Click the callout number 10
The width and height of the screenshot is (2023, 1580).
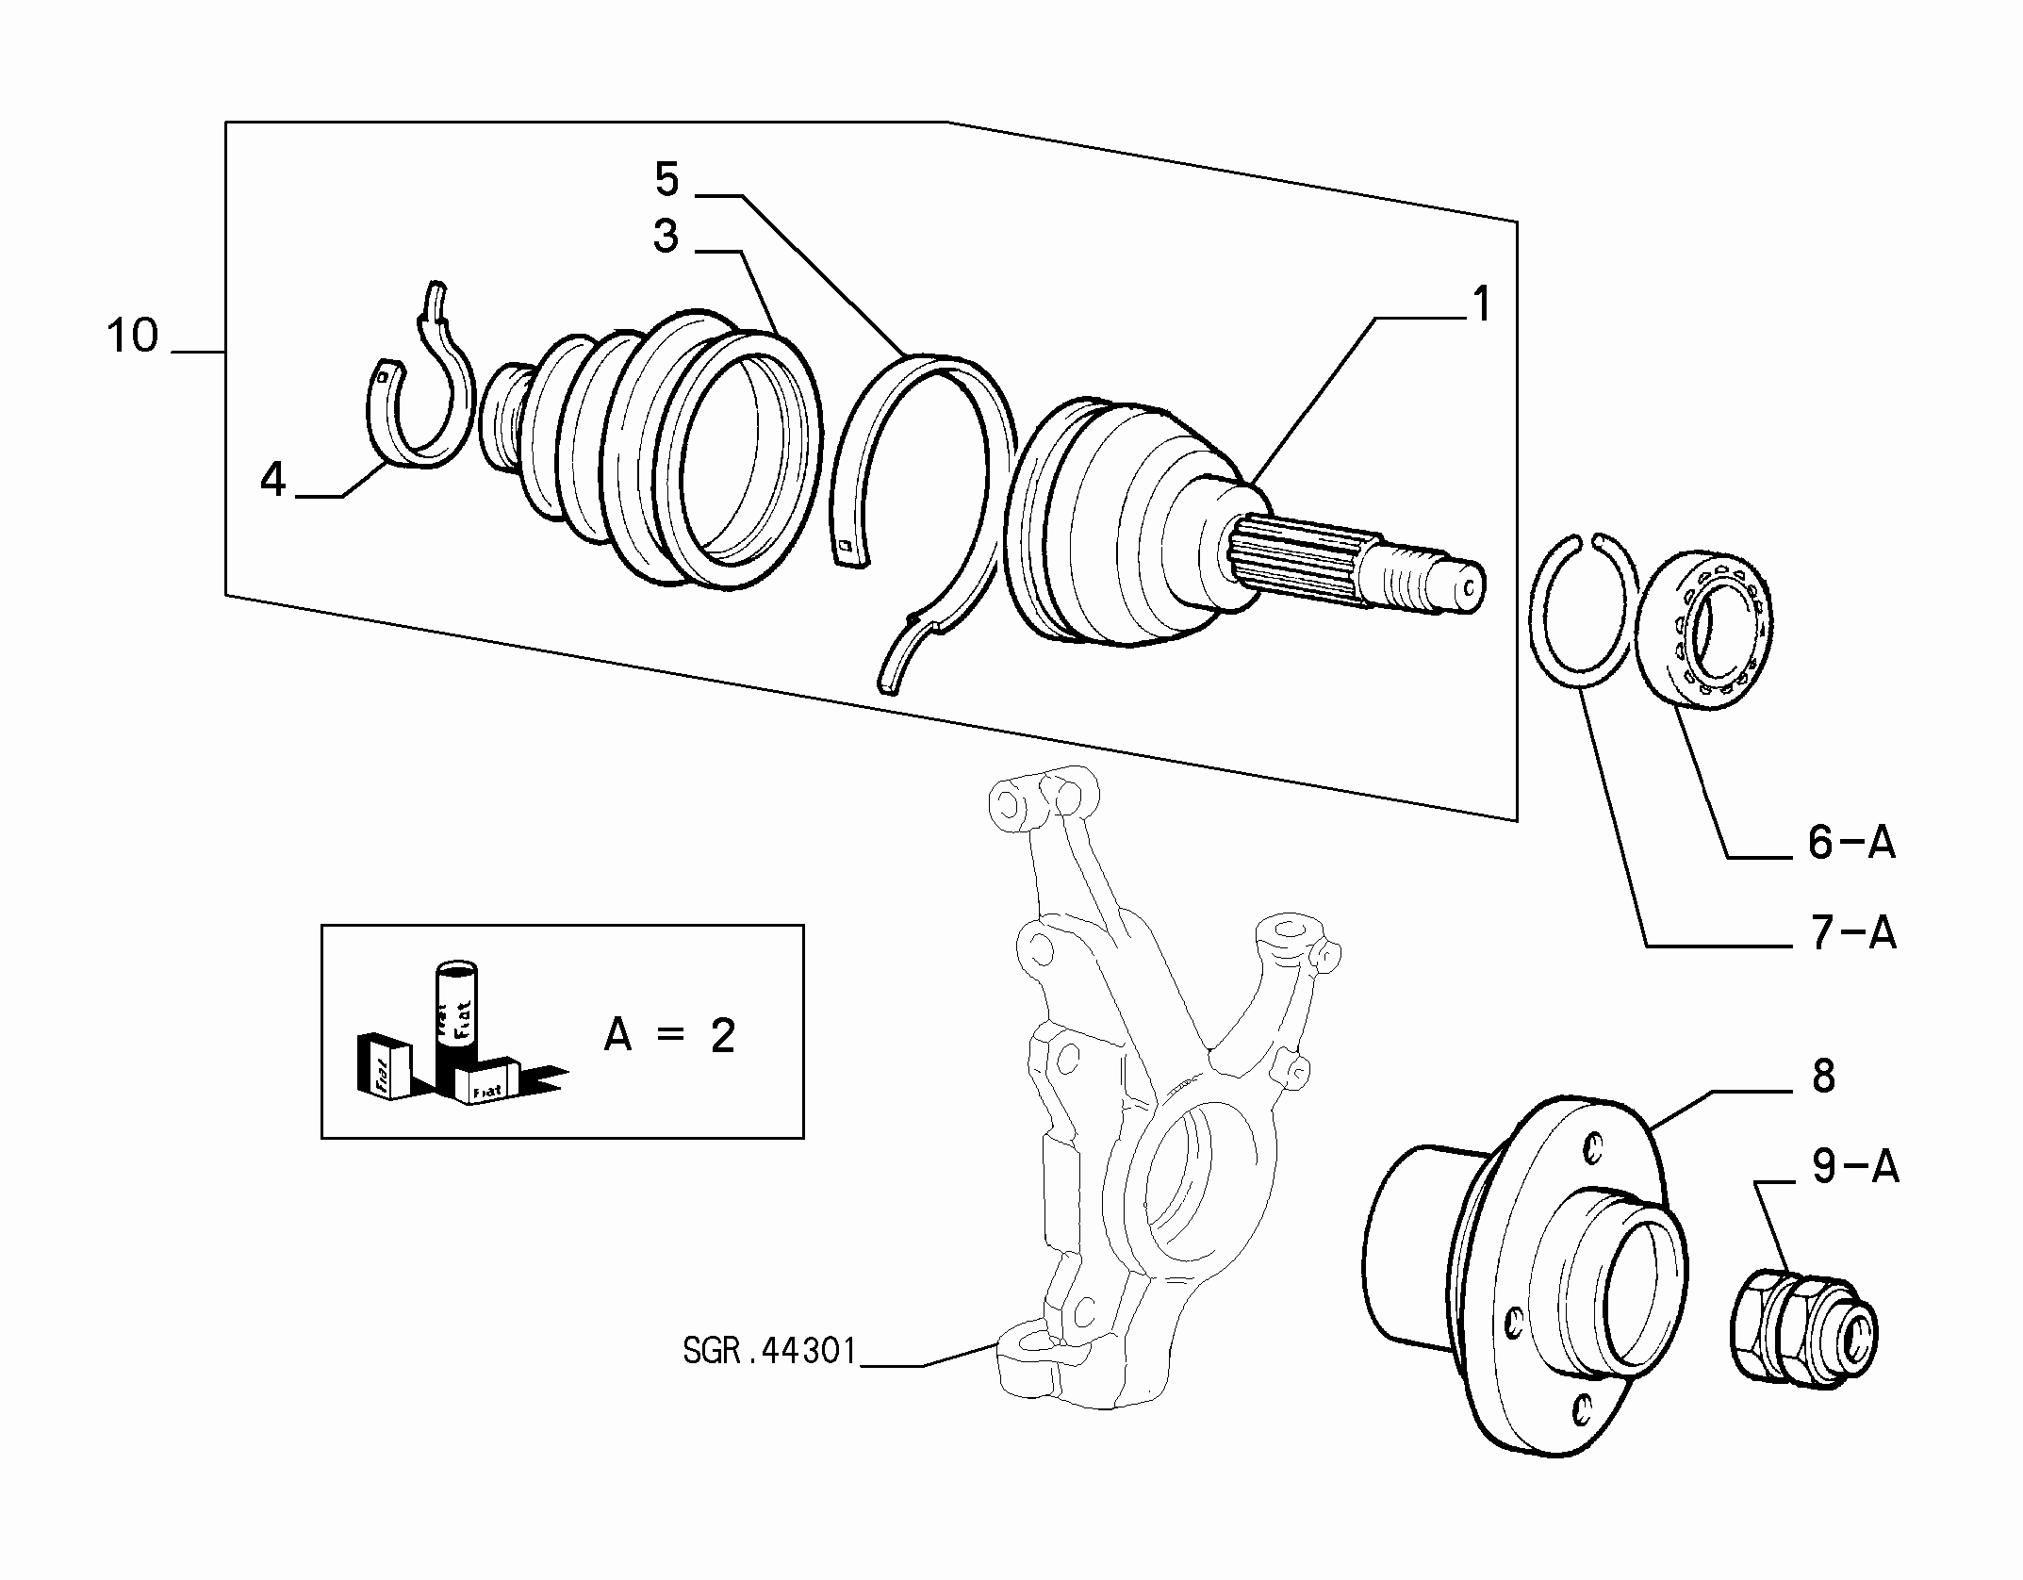[132, 337]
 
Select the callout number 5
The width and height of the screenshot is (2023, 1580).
[666, 179]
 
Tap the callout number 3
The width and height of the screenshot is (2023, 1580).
[666, 236]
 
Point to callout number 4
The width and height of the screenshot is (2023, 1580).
[272, 481]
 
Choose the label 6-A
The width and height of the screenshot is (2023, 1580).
[1851, 842]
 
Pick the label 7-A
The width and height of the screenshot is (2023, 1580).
[1851, 933]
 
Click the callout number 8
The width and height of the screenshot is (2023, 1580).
[1823, 1076]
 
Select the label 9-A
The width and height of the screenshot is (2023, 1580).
[1854, 1167]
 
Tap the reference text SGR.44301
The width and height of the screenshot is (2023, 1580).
[769, 1352]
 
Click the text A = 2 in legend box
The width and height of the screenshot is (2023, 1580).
[669, 1036]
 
